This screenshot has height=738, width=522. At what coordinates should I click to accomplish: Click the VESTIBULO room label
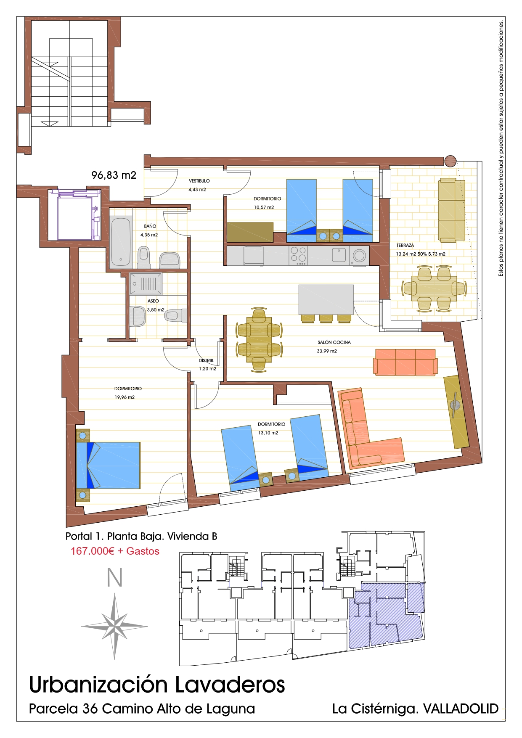point(199,181)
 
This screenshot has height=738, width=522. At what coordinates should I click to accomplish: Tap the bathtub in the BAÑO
point(121,241)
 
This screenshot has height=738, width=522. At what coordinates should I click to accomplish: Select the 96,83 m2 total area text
point(114,175)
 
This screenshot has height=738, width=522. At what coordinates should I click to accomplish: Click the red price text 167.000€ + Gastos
point(115,551)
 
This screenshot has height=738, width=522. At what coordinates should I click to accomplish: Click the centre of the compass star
point(114,626)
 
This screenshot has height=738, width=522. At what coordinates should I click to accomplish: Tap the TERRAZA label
point(405,245)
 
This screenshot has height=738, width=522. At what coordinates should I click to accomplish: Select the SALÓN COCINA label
point(334,342)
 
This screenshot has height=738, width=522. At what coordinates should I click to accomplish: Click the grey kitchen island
point(326,299)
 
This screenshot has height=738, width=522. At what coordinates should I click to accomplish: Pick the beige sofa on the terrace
point(452,210)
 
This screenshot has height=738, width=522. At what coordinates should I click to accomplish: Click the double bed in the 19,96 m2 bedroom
point(108,465)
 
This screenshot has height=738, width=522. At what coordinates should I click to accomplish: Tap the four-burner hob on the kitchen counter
point(298,256)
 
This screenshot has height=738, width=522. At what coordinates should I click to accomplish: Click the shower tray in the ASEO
point(146,284)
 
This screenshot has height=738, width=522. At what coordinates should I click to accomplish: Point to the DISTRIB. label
point(207,360)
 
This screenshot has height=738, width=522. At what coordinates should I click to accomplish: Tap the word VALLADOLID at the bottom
point(461,709)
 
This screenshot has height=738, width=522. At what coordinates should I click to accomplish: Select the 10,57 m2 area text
point(264,207)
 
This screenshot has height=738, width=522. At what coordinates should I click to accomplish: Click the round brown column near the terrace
point(450,161)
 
